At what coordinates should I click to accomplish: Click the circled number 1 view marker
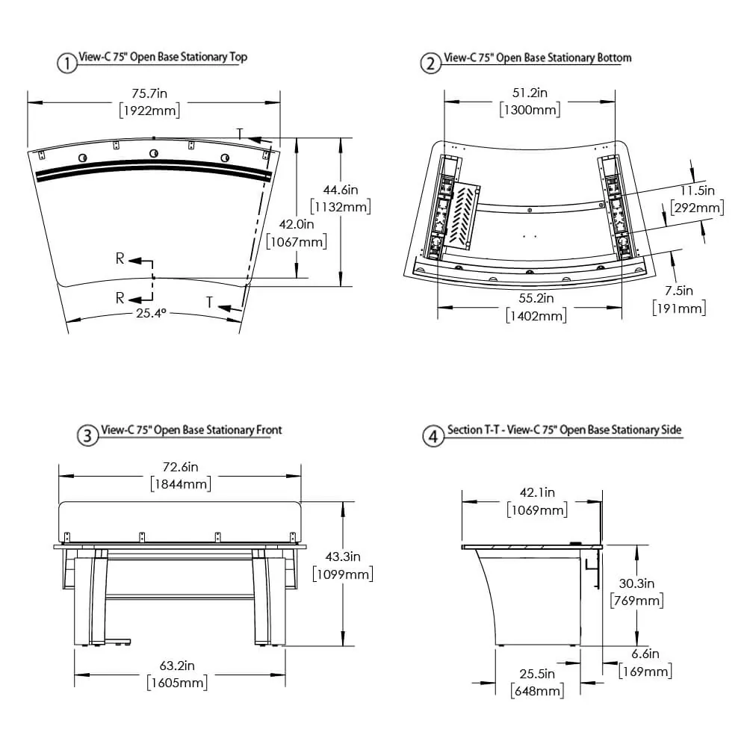[67, 63]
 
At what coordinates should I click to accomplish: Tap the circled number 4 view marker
[433, 436]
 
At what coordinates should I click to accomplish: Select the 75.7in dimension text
[149, 93]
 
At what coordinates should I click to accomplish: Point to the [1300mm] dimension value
[530, 110]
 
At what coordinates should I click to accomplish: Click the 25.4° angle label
[151, 313]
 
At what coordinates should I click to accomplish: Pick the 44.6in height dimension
[341, 190]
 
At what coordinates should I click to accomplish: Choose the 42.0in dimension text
[297, 224]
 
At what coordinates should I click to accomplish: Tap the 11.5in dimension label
[698, 190]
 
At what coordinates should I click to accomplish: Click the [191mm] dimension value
[679, 309]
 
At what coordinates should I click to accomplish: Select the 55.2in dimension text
[536, 298]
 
